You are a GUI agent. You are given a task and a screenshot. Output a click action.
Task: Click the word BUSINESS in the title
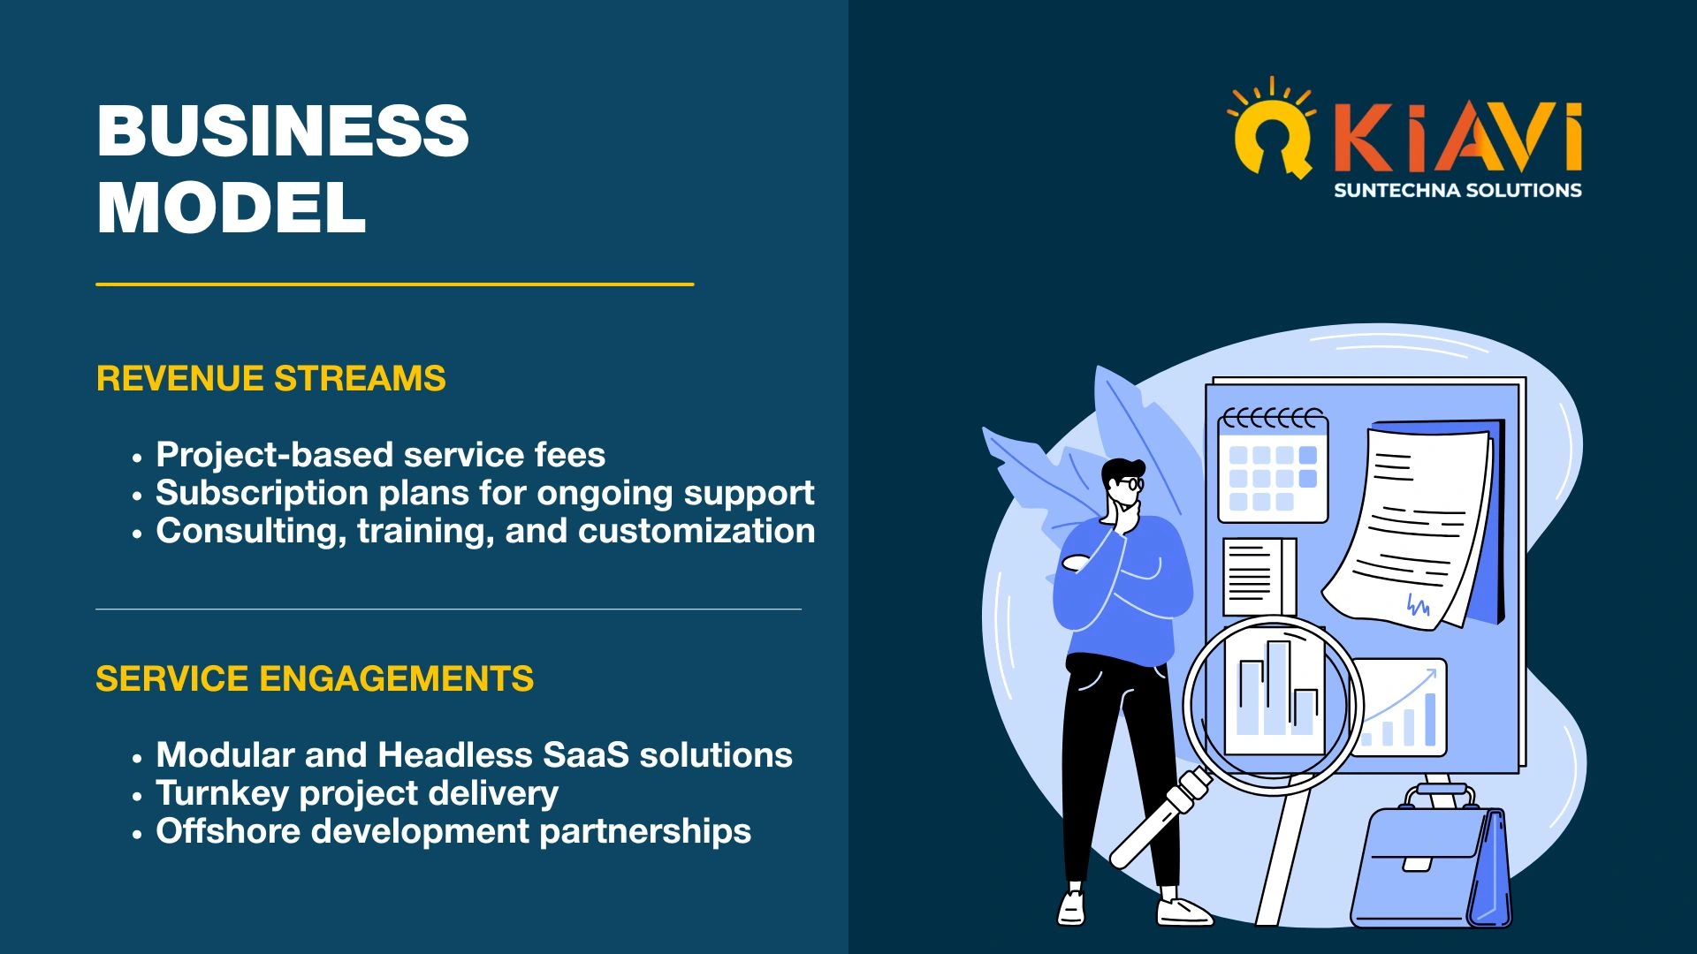point(283,131)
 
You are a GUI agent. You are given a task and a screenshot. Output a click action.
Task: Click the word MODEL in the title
point(232,208)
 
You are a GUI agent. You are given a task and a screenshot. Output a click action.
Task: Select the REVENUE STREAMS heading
point(271,378)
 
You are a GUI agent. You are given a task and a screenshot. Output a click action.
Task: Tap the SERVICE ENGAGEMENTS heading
point(315,678)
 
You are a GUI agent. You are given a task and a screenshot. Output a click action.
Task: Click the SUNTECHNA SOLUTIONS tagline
point(1457,190)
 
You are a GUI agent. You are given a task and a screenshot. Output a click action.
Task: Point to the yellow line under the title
point(395,284)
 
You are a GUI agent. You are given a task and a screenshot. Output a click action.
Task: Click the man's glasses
point(1129,483)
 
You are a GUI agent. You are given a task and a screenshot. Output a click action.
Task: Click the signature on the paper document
point(1418,605)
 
